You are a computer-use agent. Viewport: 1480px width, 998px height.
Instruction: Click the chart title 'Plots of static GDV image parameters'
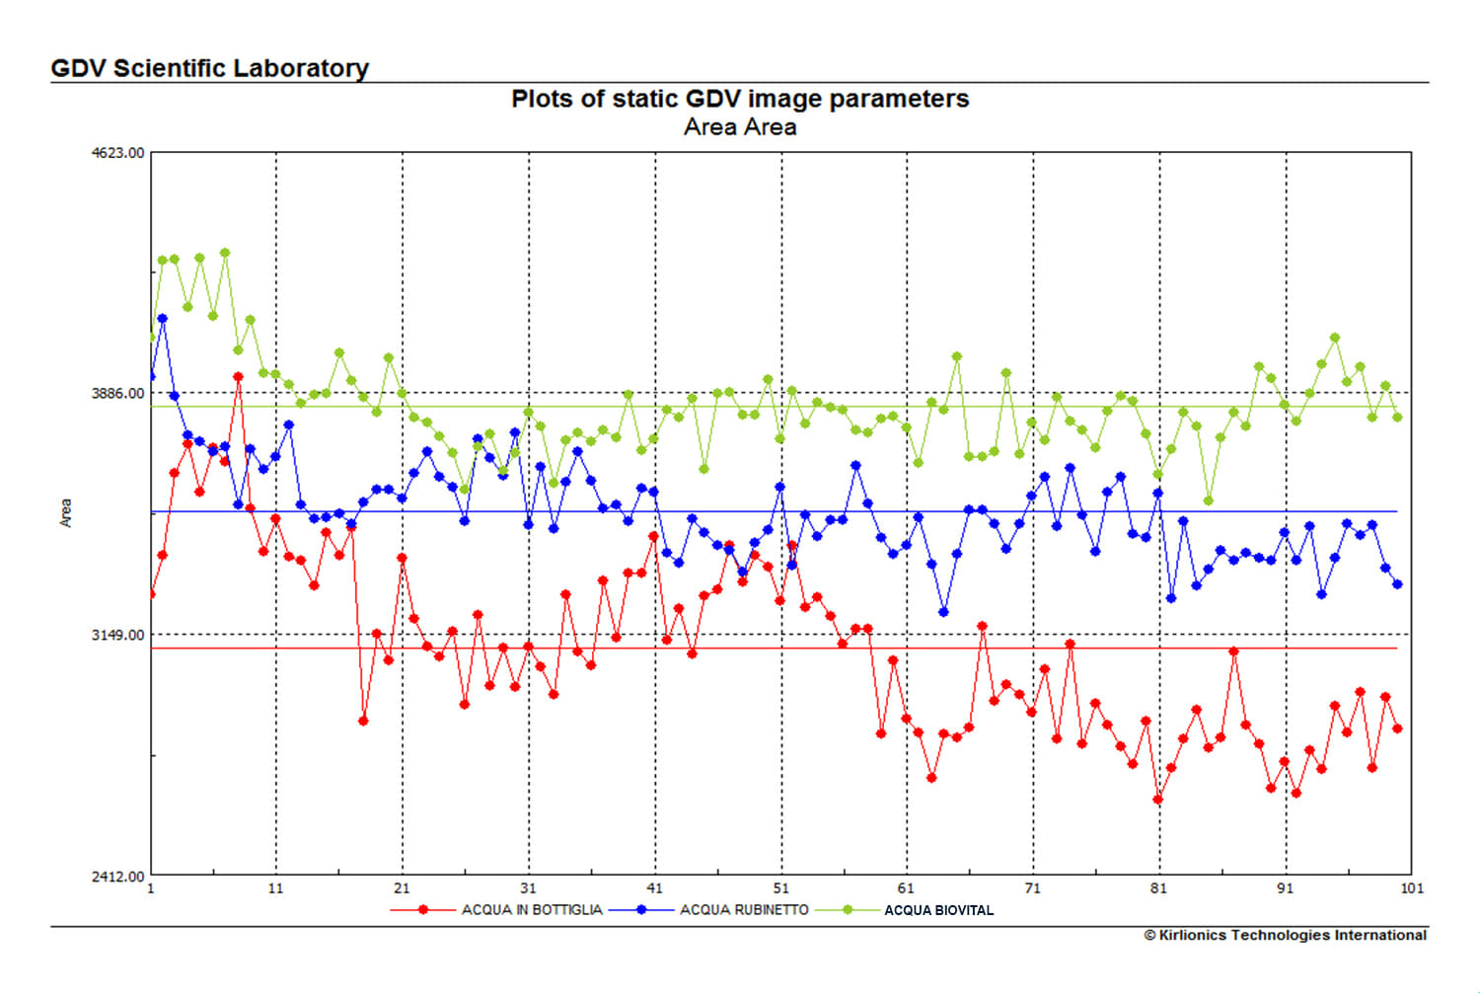[739, 99]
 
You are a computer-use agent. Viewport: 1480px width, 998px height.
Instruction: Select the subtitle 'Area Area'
[739, 127]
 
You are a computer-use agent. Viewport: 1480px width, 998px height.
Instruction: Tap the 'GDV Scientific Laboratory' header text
[209, 68]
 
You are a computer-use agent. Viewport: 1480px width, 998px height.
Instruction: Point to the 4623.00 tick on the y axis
[117, 153]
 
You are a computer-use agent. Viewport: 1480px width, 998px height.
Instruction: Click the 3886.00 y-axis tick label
[117, 393]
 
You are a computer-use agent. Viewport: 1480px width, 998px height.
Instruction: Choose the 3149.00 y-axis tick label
[117, 635]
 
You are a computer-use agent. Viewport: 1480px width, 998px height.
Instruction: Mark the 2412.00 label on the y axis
[117, 876]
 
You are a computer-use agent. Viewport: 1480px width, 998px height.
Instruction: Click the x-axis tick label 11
[275, 888]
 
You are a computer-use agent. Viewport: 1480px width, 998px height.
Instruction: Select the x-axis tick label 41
[654, 888]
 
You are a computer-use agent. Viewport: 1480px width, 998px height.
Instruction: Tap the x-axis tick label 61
[907, 888]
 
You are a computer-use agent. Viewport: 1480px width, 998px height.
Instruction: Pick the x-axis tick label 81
[1159, 888]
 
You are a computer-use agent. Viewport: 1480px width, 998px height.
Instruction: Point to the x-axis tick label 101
[1412, 888]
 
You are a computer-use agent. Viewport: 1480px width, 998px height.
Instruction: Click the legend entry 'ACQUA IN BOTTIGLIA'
[532, 910]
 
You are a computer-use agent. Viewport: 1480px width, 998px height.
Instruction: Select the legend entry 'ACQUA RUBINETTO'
[744, 910]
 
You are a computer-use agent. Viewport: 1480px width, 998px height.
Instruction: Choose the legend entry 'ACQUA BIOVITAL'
[938, 910]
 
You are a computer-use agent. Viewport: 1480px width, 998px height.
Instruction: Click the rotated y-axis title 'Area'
[66, 513]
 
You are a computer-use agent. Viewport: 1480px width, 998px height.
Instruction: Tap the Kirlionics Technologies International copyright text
[1285, 935]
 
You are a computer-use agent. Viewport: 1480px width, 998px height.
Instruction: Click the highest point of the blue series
[163, 319]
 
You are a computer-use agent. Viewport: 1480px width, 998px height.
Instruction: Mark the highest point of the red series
[238, 377]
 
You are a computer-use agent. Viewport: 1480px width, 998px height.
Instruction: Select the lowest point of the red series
[1158, 800]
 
